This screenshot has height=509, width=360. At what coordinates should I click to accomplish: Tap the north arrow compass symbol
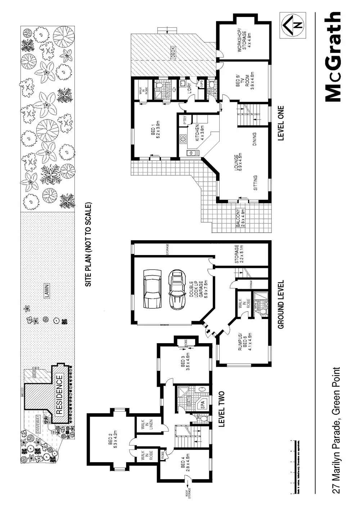click(292, 24)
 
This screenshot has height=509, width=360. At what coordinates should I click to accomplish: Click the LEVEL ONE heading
click(280, 123)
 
